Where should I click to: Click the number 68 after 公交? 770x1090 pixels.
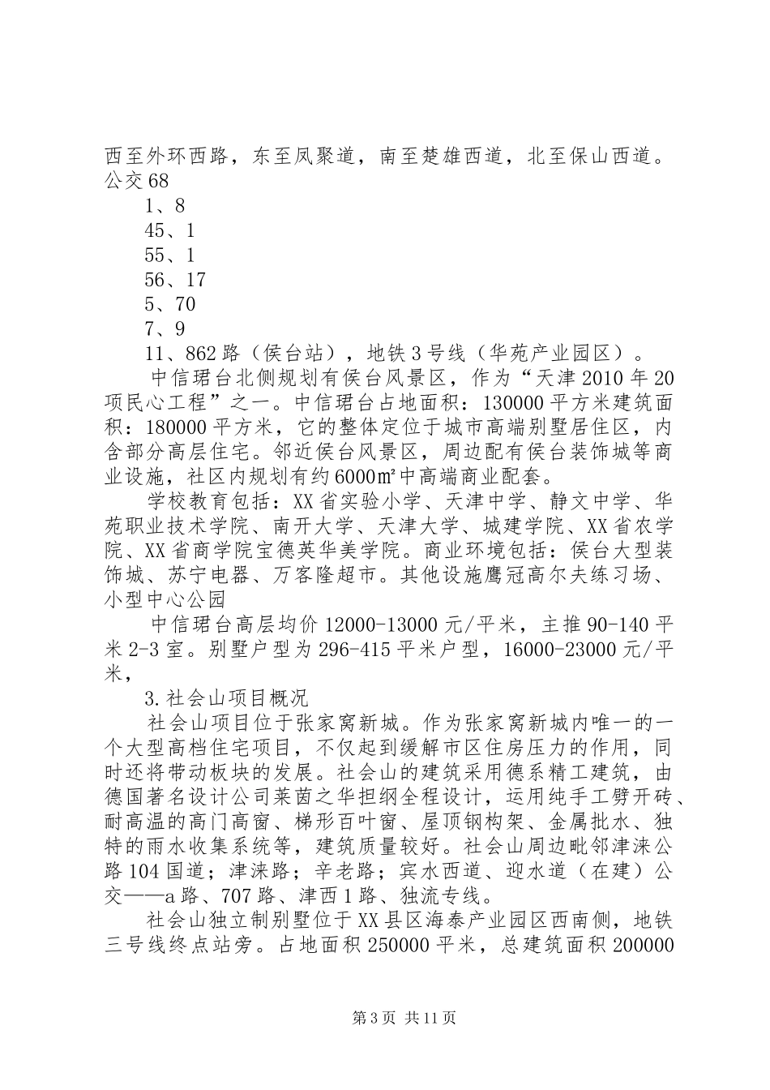[158, 182]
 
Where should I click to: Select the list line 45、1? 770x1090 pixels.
[169, 231]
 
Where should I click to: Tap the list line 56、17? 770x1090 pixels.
[175, 280]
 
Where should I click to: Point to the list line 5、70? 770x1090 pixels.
[169, 305]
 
